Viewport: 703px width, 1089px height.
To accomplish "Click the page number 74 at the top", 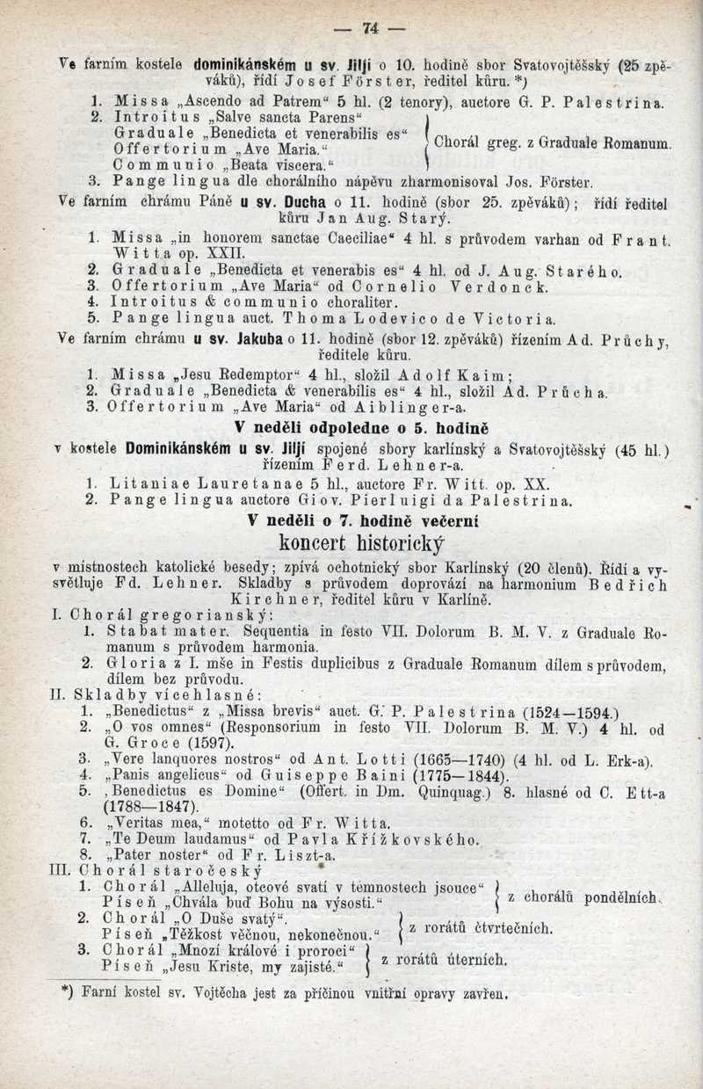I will tap(370, 29).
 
